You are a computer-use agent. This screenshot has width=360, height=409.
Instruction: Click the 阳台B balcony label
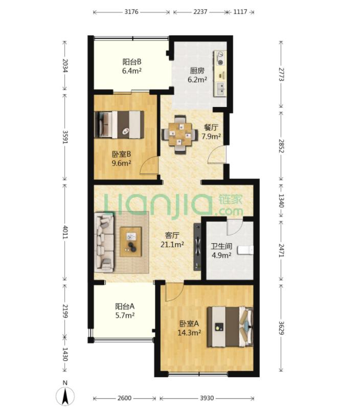(x=132, y=62)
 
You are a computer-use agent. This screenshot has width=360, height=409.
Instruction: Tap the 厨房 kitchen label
(x=197, y=71)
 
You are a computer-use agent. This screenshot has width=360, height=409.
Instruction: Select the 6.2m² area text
(x=197, y=79)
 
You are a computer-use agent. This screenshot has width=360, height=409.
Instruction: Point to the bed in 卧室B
(x=119, y=125)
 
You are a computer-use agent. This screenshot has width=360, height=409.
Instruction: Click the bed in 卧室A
(x=230, y=327)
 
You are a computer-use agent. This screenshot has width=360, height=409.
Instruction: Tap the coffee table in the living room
(x=130, y=242)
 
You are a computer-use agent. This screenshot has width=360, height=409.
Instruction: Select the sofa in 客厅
(x=104, y=242)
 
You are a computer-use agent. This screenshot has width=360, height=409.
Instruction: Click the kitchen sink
(x=221, y=88)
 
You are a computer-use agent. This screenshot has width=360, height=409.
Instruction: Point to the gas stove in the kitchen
(x=220, y=58)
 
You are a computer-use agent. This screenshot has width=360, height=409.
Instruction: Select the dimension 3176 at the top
(x=131, y=12)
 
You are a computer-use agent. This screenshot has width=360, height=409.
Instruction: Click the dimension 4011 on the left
(x=65, y=232)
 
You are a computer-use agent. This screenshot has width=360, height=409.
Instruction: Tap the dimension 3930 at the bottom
(x=207, y=398)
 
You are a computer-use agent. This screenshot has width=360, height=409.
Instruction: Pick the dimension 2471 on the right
(x=281, y=250)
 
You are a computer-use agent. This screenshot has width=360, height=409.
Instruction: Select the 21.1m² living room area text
(x=172, y=244)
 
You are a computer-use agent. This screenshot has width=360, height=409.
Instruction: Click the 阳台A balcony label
(x=125, y=306)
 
